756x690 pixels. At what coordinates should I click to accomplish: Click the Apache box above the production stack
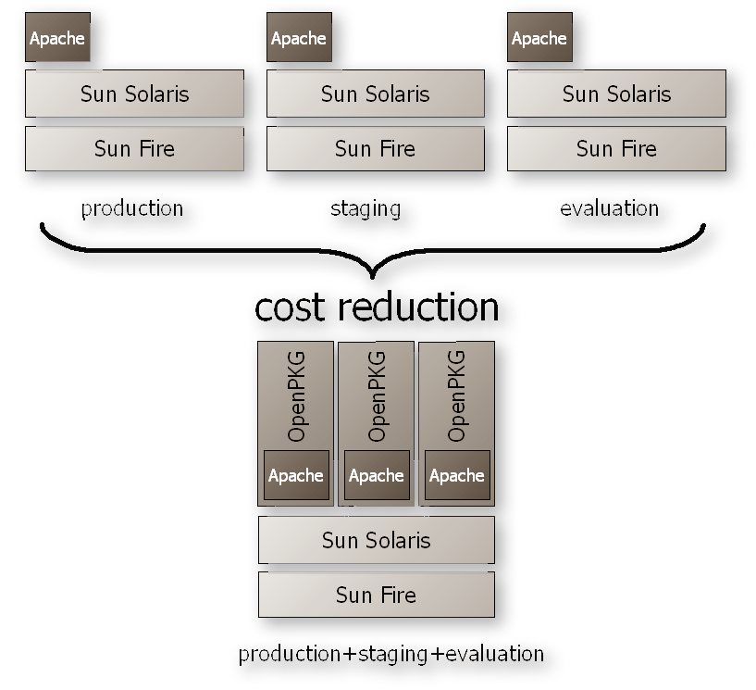click(x=57, y=38)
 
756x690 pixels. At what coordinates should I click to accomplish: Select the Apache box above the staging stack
click(x=298, y=38)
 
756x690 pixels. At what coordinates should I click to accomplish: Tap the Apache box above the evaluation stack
click(x=539, y=38)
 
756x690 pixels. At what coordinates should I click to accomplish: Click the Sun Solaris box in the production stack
click(x=134, y=94)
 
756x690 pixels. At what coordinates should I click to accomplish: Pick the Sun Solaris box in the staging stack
click(x=375, y=94)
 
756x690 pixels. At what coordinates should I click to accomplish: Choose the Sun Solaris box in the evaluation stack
click(x=616, y=94)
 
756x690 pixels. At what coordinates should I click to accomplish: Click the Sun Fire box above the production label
click(x=134, y=148)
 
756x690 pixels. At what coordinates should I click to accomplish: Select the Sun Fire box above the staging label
click(x=375, y=148)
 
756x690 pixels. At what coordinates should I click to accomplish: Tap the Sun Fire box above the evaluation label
click(x=616, y=148)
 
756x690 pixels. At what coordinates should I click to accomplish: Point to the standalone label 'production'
click(x=132, y=208)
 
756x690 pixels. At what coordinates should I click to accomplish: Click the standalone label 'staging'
click(x=366, y=208)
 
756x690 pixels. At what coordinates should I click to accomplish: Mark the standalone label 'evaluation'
click(x=610, y=208)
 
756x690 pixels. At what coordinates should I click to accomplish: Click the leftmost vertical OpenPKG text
click(x=297, y=395)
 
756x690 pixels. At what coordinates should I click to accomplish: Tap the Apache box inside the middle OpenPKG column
click(x=376, y=475)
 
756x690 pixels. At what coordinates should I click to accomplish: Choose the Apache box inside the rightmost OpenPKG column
click(x=456, y=475)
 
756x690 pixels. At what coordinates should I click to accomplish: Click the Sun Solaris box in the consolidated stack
click(x=376, y=540)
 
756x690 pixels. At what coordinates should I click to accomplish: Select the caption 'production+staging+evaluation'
click(x=390, y=654)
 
